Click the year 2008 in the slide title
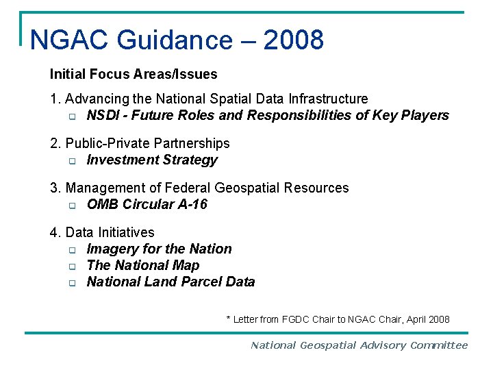pos(293,40)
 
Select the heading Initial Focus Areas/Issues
pos(134,74)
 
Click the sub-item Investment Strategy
pos(152,160)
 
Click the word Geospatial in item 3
pos(246,188)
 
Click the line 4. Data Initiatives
pos(102,233)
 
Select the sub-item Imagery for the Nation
pos(159,249)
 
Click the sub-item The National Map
pos(143,266)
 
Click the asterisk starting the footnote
pos(229,319)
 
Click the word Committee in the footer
pos(439,346)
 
